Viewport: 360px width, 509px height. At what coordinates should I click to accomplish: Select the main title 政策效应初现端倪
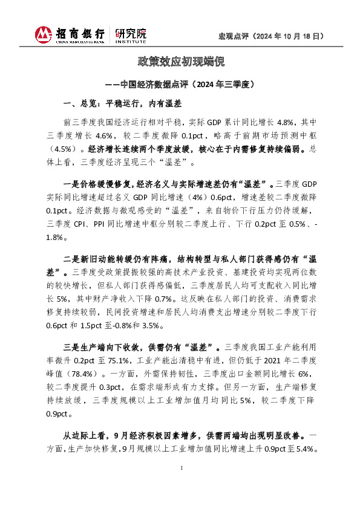click(180, 62)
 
